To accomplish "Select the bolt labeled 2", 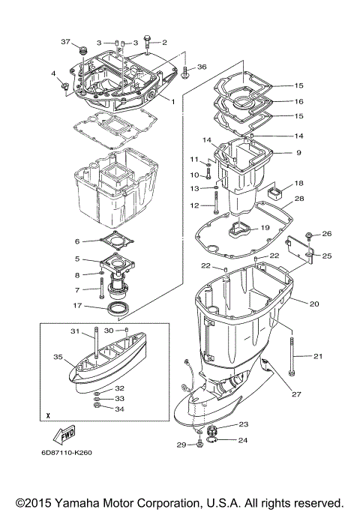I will pyautogui.click(x=147, y=41).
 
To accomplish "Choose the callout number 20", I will pyautogui.click(x=314, y=304).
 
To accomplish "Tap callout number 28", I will pyautogui.click(x=298, y=199).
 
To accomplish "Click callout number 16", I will pyautogui.click(x=298, y=101).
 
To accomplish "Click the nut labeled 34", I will pyautogui.click(x=97, y=409).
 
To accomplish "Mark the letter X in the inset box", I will pyautogui.click(x=47, y=415).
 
